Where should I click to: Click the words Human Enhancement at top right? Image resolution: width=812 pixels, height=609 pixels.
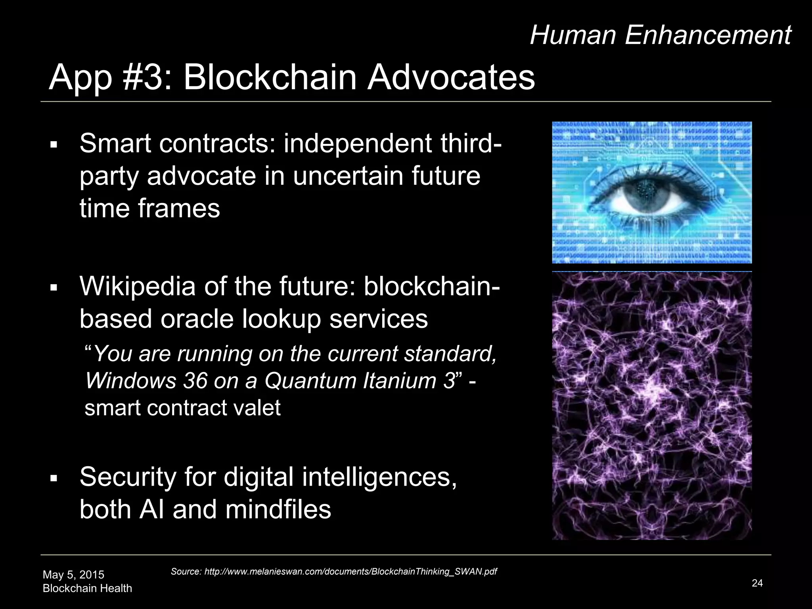tap(661, 35)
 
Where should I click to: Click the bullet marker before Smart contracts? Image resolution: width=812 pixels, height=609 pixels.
tap(54, 144)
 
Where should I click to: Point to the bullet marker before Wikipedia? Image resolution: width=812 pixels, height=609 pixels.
tap(54, 287)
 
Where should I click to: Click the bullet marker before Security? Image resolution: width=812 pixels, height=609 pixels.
tap(54, 477)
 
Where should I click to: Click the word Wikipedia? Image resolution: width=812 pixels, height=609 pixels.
tap(137, 286)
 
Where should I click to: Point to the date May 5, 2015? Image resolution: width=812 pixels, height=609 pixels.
tap(73, 575)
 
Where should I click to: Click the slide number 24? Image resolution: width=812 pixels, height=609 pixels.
tap(757, 583)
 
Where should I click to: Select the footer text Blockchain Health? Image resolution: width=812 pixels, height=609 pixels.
tap(87, 588)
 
